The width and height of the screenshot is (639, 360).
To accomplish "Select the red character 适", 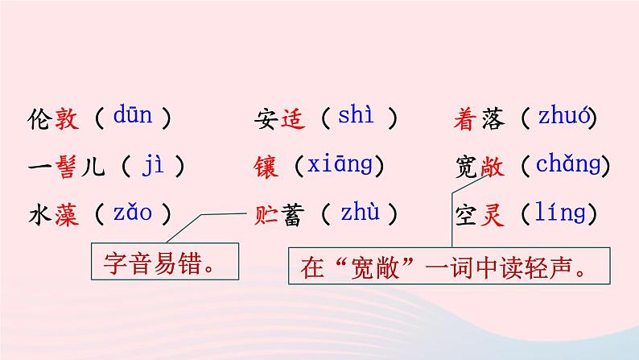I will click(295, 119).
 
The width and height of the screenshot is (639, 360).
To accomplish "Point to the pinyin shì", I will click(356, 117).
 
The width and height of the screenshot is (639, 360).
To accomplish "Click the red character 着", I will click(468, 119).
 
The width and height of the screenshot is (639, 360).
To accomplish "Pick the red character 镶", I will click(266, 167).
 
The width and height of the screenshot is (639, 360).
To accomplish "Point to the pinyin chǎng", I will click(568, 166).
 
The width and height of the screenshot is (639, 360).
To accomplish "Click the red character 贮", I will click(266, 214).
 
